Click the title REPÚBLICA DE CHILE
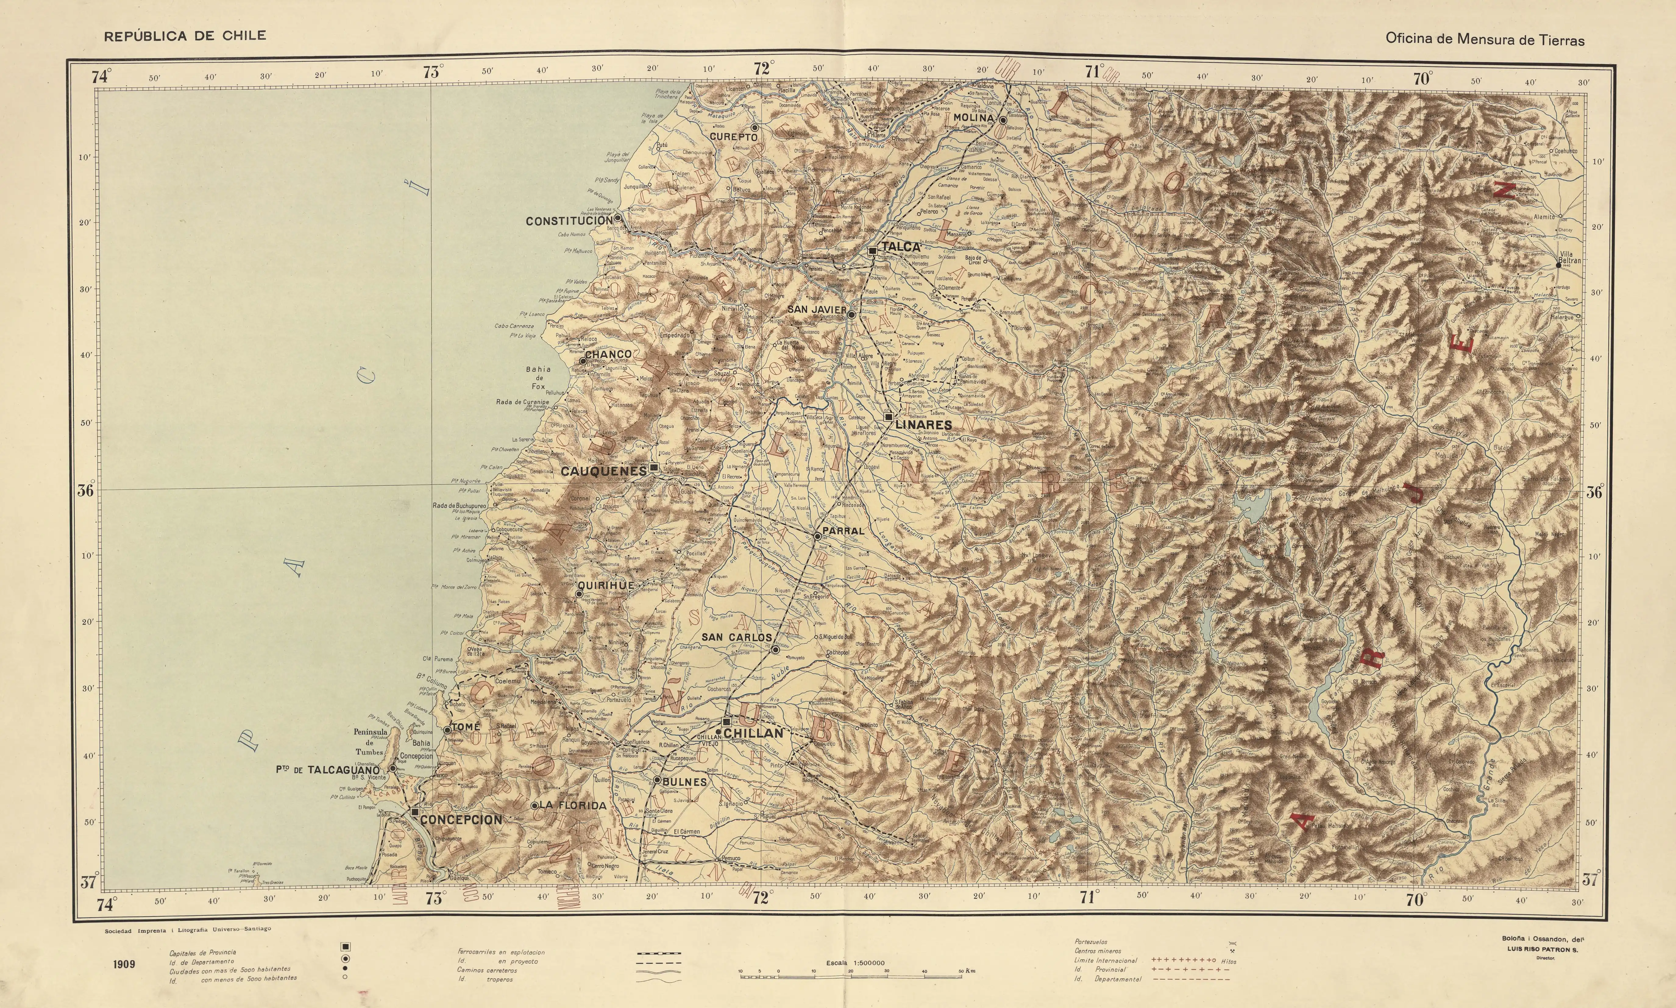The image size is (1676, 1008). point(185,36)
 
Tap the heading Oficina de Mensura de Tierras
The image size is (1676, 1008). point(1485,39)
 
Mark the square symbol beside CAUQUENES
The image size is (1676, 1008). point(653,467)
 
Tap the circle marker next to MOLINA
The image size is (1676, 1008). point(1002,120)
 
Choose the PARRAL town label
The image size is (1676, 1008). point(843,531)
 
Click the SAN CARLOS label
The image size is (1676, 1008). point(736,637)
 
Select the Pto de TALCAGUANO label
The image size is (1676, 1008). point(327,770)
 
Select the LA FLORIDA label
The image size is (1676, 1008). point(572,806)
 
